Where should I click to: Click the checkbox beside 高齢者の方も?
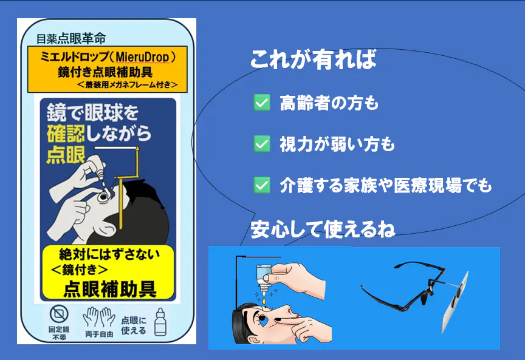pos(262,103)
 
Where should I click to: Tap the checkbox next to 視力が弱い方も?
pos(262,144)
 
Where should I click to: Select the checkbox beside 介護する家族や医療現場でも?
pos(262,185)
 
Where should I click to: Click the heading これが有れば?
pos(314,59)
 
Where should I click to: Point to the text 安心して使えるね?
pos(323,229)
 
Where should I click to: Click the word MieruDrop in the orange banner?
pos(142,57)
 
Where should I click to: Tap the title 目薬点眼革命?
pos(71,39)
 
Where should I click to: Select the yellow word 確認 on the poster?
pos(66,134)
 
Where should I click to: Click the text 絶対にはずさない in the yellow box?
pos(109,254)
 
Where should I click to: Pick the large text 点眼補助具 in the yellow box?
pos(110,289)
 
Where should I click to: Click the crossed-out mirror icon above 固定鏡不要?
pos(59,314)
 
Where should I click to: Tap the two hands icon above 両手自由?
pos(99,317)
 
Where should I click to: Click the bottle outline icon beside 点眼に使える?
pos(160,322)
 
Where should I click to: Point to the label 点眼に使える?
pos(134,325)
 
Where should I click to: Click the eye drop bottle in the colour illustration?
pos(263,279)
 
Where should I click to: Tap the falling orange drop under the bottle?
pos(264,300)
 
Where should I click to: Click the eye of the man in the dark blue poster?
pos(102,197)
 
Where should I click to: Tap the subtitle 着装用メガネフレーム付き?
pos(127,84)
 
